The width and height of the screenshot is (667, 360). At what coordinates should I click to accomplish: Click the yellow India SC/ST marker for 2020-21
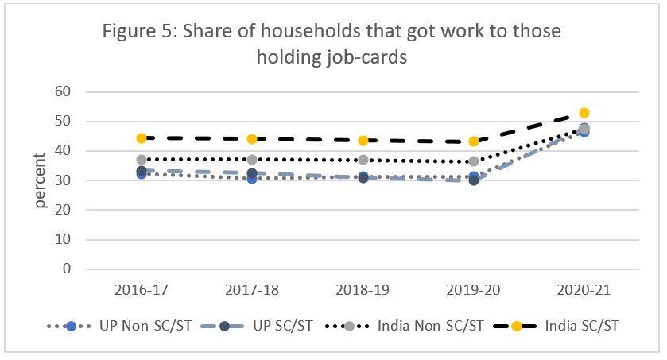pos(584,113)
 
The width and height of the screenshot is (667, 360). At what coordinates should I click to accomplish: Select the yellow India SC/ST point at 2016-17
pos(142,138)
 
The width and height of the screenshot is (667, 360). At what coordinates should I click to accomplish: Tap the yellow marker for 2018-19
pos(363,141)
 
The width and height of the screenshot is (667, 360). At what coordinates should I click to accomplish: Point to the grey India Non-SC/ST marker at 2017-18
pos(252,160)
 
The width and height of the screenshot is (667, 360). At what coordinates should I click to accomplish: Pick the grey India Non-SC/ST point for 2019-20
pos(474,161)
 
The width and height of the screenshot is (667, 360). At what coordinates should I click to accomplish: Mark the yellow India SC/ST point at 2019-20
pos(474,141)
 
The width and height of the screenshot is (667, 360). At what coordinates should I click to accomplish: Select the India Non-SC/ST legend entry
pos(389,326)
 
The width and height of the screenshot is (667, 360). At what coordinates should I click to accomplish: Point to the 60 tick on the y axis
pos(64,92)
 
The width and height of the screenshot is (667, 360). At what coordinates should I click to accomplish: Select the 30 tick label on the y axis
pos(64,180)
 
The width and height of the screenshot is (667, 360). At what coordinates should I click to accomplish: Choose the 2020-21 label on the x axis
pos(584,290)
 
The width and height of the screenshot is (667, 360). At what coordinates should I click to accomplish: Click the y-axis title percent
pos(41,180)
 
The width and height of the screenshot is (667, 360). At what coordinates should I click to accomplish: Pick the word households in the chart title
pos(302,32)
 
